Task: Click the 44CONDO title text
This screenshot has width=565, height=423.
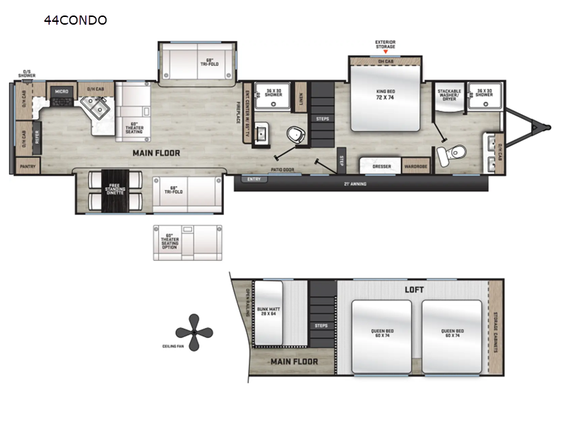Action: click(76, 20)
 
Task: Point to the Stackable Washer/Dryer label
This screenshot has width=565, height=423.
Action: click(450, 95)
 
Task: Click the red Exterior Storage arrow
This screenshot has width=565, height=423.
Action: click(385, 52)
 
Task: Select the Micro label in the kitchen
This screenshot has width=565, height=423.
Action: click(61, 91)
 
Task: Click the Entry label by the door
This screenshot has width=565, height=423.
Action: click(254, 180)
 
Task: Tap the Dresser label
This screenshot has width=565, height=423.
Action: click(381, 167)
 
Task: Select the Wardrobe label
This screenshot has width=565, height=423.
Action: click(415, 167)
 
